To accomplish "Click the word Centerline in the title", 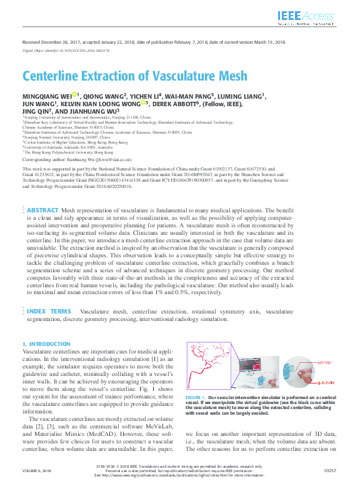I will pos(52,76).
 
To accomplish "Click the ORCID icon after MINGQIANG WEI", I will pos(73,95).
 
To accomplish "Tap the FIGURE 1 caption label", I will pos(196,398).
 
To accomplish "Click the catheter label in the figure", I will pos(327,362).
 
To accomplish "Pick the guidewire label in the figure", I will pos(326,380).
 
